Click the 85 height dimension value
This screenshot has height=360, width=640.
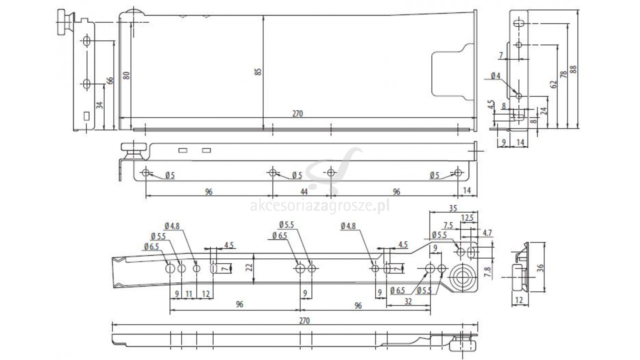258,71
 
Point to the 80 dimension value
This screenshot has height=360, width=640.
126,75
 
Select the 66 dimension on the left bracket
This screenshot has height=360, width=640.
110,80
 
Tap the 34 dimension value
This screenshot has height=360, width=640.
99,105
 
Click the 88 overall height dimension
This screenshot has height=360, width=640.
573,69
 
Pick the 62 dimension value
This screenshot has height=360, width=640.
553,84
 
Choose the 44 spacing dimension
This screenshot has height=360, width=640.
303,191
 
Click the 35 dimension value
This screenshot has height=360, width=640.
453,208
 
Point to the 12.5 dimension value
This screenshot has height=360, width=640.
467,218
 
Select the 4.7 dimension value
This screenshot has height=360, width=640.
487,233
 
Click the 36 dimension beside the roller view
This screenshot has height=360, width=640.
540,267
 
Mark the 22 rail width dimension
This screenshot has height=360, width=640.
249,267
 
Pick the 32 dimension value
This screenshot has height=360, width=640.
408,301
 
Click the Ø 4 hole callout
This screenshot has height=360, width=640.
495,76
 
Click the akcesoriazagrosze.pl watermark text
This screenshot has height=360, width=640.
319,205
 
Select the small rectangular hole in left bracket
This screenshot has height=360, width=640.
86,116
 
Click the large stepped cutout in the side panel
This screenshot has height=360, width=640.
453,71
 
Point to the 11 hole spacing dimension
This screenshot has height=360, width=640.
189,293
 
